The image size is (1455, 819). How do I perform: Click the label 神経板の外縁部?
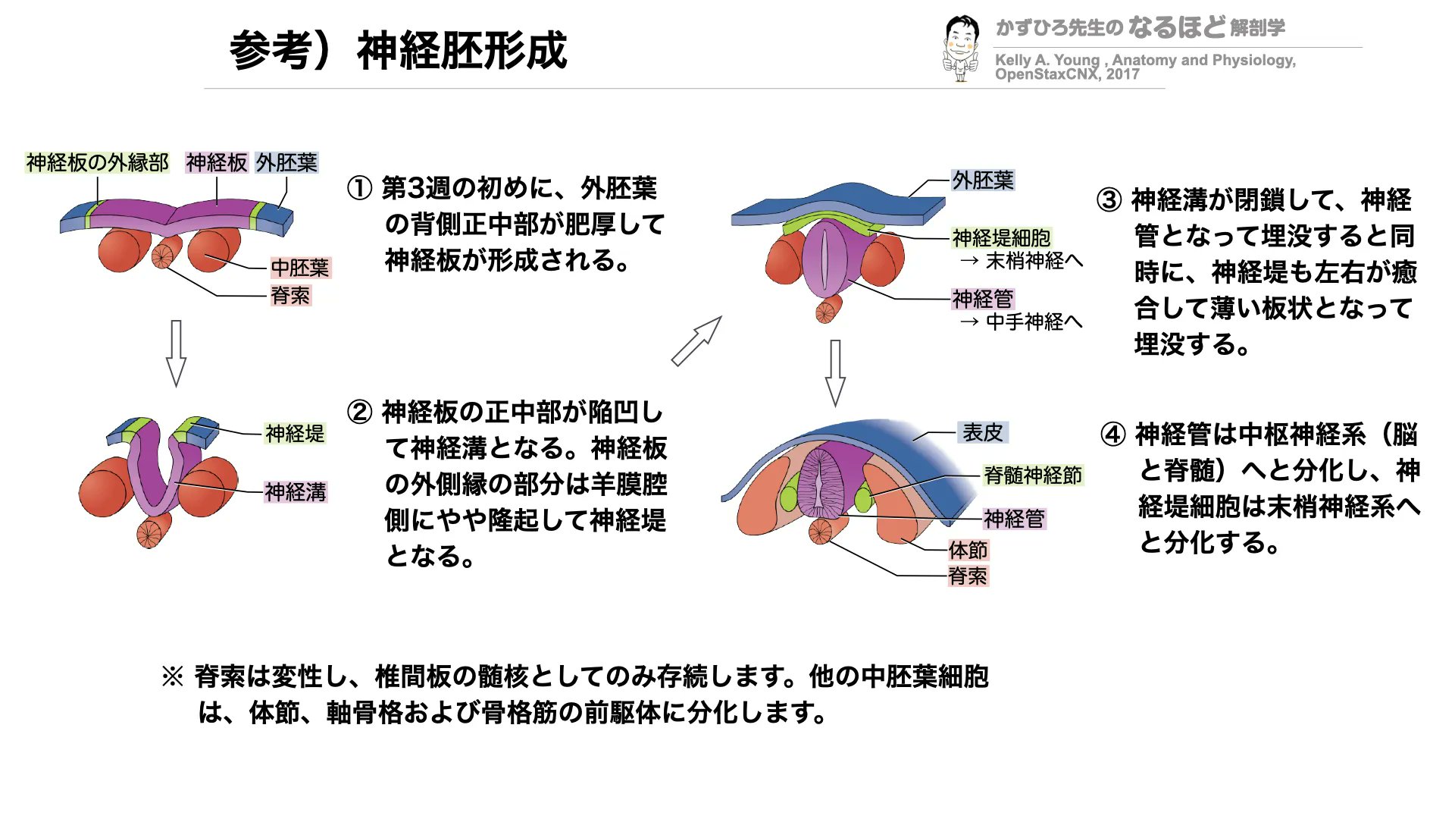(x=97, y=162)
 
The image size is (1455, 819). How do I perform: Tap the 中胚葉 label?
(x=300, y=268)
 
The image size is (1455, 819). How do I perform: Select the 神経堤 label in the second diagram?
(x=295, y=434)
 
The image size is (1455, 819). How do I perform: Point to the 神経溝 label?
(x=296, y=492)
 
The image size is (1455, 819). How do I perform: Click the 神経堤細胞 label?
(x=1001, y=238)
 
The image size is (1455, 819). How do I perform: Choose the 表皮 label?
(x=982, y=432)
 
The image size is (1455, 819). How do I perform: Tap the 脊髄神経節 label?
(x=1033, y=475)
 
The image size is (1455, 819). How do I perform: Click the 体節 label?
(x=968, y=550)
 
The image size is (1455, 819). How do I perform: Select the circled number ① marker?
(x=359, y=188)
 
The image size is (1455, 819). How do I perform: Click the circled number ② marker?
(x=359, y=413)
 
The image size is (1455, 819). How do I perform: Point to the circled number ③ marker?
(x=1109, y=200)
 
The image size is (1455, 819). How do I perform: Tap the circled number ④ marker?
(x=1113, y=435)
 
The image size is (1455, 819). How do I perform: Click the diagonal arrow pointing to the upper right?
(x=696, y=341)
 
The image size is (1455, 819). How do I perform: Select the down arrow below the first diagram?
(x=176, y=353)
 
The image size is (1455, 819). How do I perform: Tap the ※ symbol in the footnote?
(x=173, y=676)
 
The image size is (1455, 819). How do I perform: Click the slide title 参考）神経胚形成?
(x=398, y=51)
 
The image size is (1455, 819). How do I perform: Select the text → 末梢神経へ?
(x=1021, y=262)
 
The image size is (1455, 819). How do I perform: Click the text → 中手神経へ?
(x=1021, y=322)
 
